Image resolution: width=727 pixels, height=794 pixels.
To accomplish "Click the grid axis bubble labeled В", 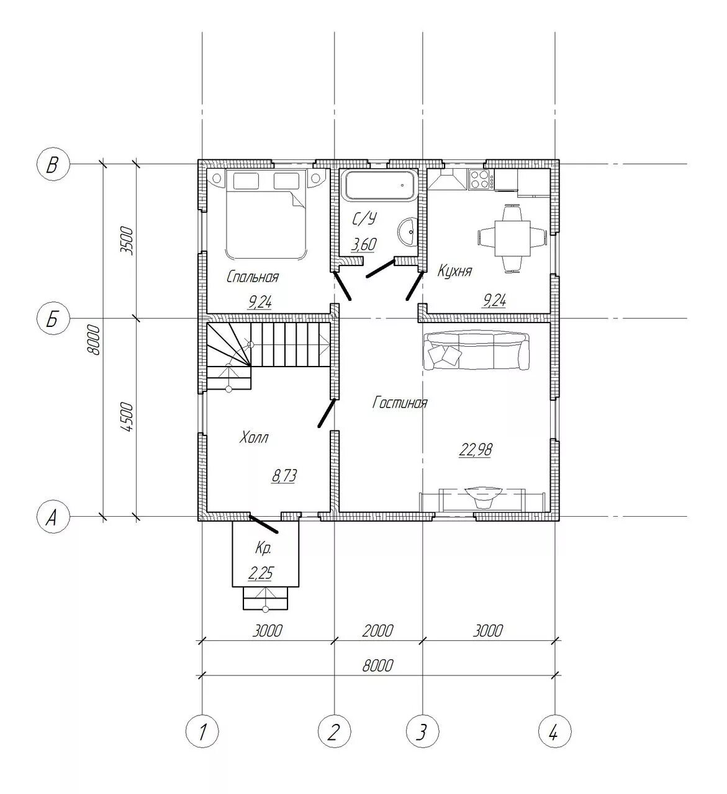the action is pyautogui.click(x=53, y=164).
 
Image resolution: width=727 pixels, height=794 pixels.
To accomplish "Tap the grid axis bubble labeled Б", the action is pyautogui.click(x=53, y=319).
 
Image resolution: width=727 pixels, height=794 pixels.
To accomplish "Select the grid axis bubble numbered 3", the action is pyautogui.click(x=423, y=731).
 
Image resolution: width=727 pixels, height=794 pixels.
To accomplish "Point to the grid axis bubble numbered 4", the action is pyautogui.click(x=554, y=731).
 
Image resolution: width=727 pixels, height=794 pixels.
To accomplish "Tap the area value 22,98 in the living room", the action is pyautogui.click(x=476, y=450).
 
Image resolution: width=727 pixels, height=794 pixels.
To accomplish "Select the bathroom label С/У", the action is pyautogui.click(x=364, y=218).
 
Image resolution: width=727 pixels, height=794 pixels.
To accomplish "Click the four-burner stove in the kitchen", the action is pyautogui.click(x=481, y=179).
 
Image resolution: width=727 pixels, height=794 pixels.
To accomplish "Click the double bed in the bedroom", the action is pyautogui.click(x=266, y=215).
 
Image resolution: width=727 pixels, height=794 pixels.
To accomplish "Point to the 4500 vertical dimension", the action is pyautogui.click(x=127, y=417).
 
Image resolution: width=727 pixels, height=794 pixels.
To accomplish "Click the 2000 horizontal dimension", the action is pyautogui.click(x=377, y=630).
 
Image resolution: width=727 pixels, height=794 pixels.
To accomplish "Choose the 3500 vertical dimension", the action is pyautogui.click(x=127, y=241).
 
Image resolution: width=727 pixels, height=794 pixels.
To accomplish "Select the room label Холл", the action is pyautogui.click(x=254, y=438).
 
